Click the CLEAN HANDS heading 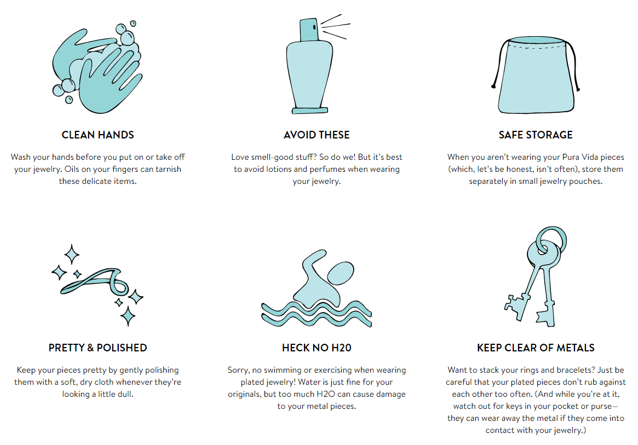click(x=97, y=135)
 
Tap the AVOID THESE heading click(x=317, y=135)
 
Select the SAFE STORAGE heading click(x=536, y=135)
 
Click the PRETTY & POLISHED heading click(x=97, y=348)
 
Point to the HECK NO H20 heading click(x=317, y=348)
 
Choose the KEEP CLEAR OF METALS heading click(x=536, y=348)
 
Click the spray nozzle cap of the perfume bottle click(x=309, y=30)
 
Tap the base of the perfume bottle click(x=309, y=111)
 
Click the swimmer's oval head click(x=341, y=273)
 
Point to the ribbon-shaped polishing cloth click(x=94, y=281)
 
